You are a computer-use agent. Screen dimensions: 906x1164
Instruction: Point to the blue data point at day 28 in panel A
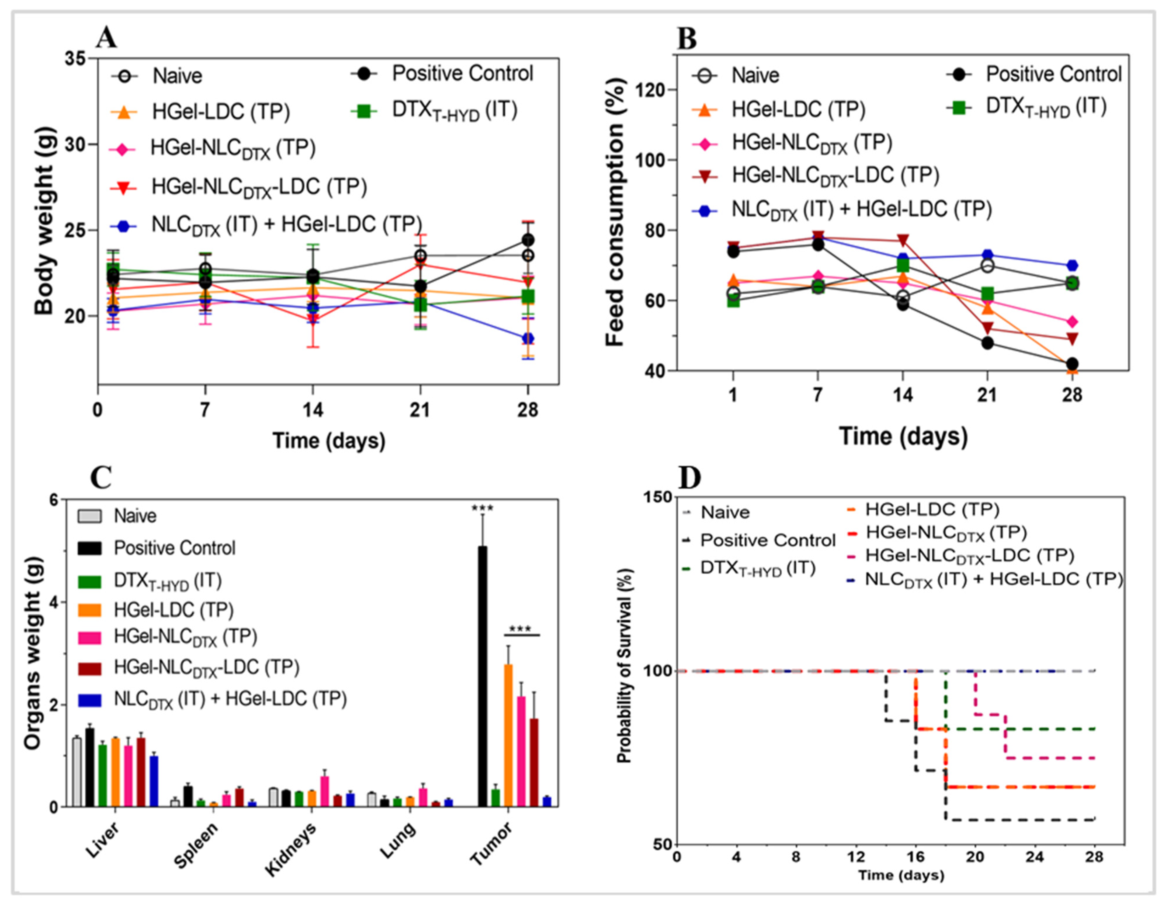pyautogui.click(x=528, y=339)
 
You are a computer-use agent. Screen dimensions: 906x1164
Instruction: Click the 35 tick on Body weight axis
pyautogui.click(x=76, y=59)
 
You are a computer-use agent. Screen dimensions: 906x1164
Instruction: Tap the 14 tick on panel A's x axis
pyautogui.click(x=312, y=410)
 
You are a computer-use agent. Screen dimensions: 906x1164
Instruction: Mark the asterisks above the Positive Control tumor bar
pyautogui.click(x=482, y=507)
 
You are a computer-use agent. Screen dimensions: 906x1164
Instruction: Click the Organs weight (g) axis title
pyautogui.click(x=33, y=653)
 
